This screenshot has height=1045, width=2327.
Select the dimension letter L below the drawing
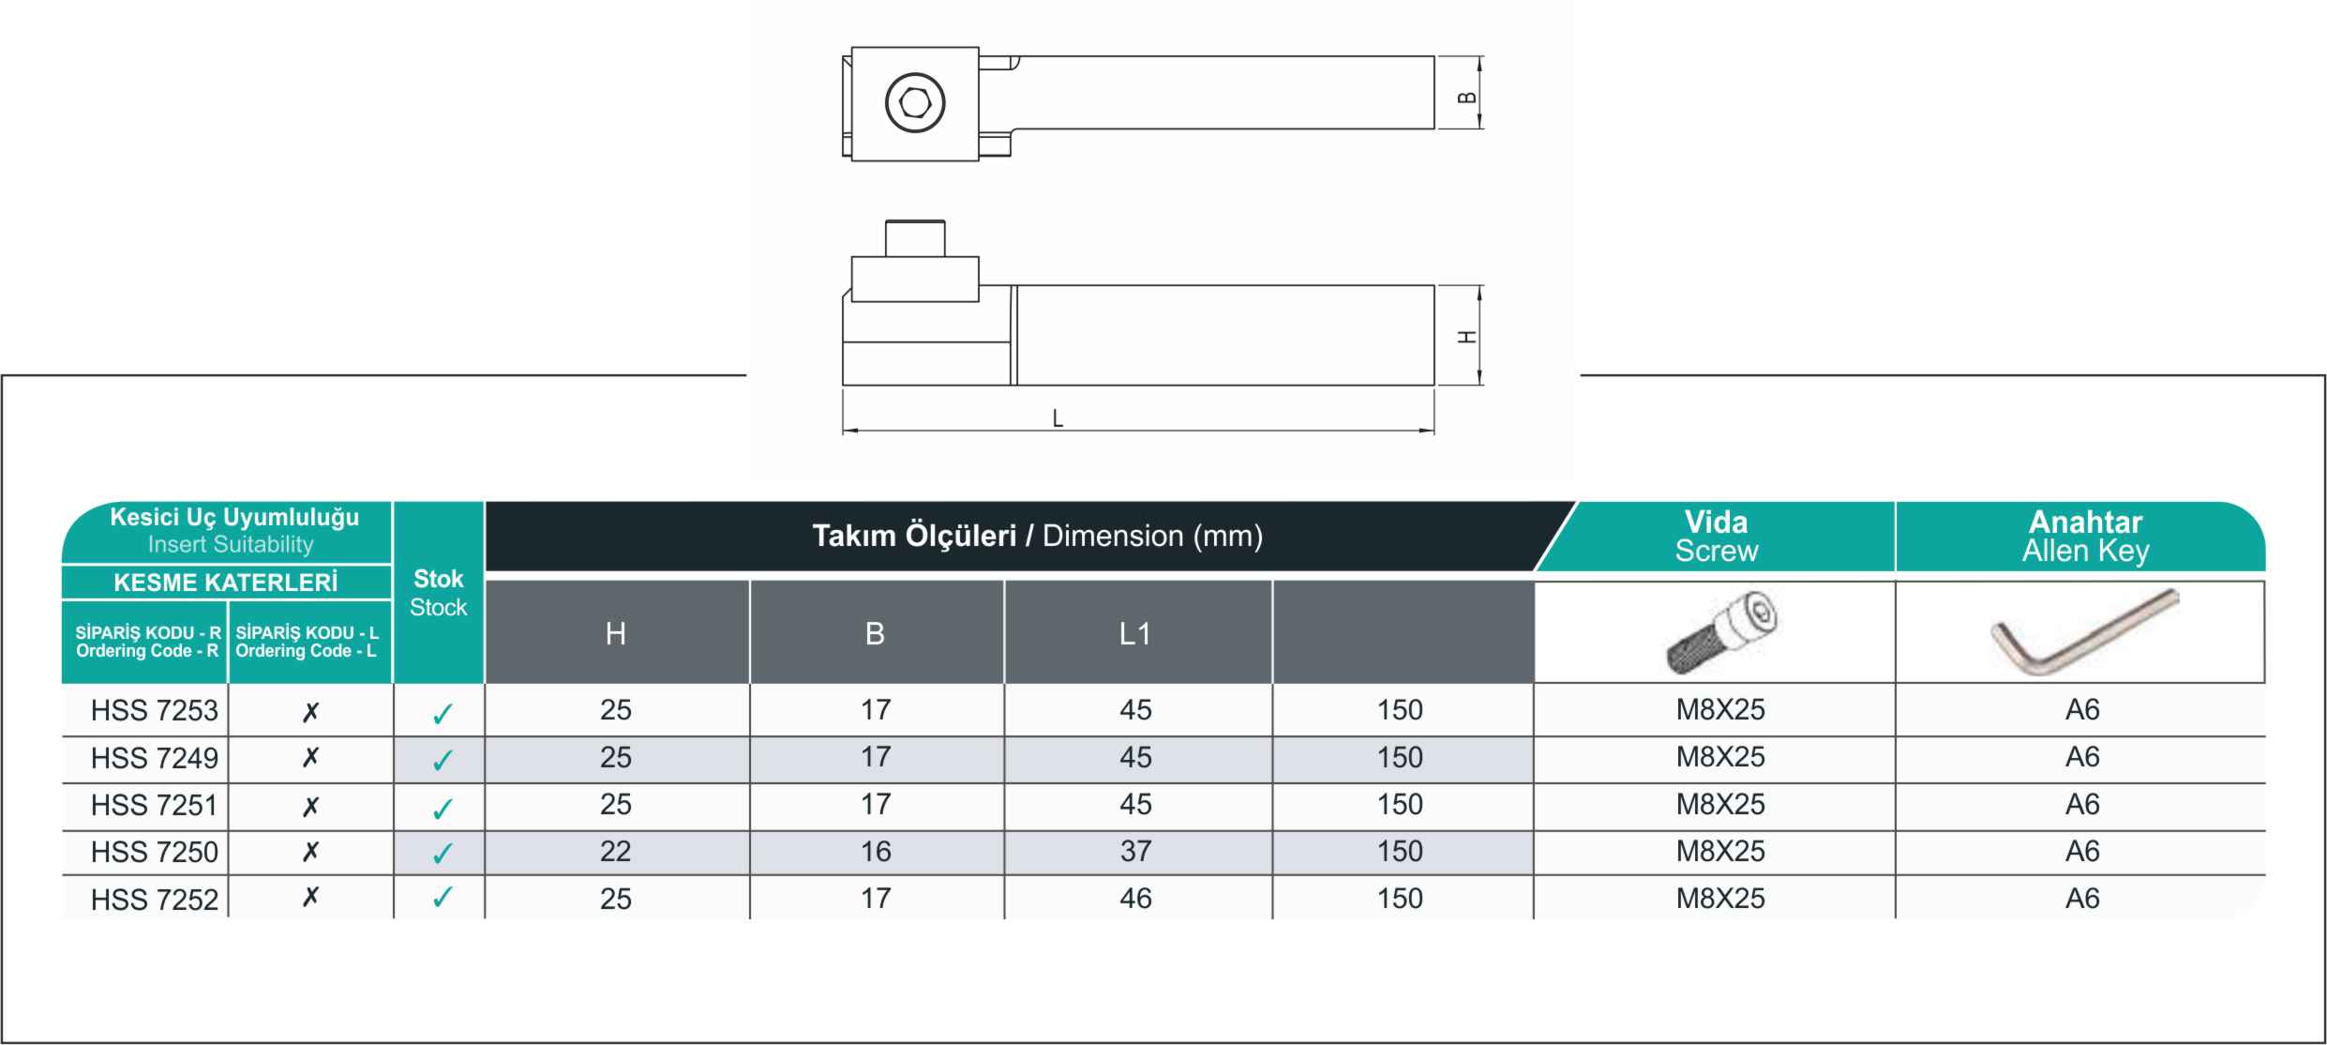coord(1058,418)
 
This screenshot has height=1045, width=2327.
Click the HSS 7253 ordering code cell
coord(155,711)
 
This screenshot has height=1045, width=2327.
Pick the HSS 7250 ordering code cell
coord(155,853)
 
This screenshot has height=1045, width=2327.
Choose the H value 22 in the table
coord(616,852)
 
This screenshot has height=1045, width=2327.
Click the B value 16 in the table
coord(876,852)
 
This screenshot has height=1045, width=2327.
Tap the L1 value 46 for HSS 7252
coord(1135,899)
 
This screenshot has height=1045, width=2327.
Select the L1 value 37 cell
coord(1135,852)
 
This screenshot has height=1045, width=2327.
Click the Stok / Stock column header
coord(439,593)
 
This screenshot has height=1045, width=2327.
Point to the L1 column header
coord(1134,634)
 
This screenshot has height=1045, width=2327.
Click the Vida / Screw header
coord(1717,537)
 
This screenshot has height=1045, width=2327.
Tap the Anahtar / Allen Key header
coord(2085,537)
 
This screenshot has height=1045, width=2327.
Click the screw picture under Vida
coord(1723,635)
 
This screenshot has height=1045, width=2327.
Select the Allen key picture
coord(2085,631)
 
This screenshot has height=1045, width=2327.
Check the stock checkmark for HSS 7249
coord(443,760)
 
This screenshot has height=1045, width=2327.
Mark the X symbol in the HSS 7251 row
coord(310,806)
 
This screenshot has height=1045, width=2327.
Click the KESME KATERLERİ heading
coord(225,583)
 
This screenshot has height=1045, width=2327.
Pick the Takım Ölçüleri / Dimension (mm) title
coord(1037,537)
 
